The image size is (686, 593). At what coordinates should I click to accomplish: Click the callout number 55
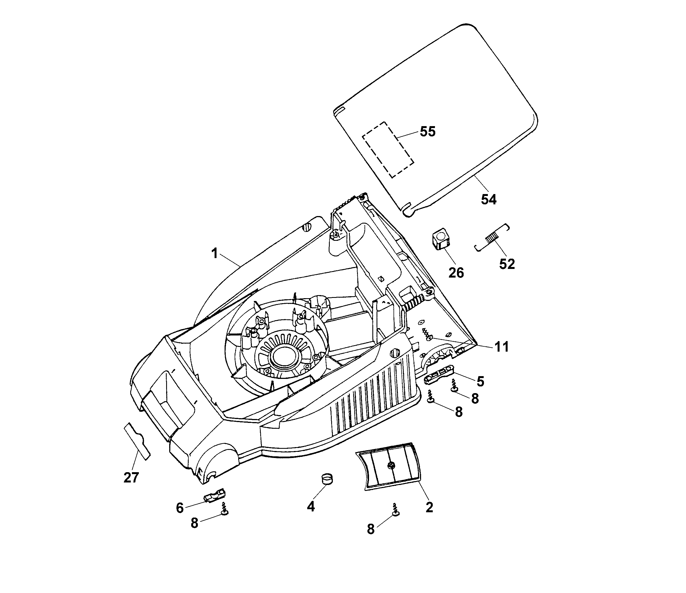coord(427,131)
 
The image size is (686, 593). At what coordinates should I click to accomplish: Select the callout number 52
coord(507,264)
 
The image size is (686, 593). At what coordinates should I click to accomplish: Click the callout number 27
coord(131,478)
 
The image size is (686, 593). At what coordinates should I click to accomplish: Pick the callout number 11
coord(501,347)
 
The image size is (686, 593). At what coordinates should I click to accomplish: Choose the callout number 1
coord(215,254)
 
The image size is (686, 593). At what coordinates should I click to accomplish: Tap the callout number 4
coord(311,506)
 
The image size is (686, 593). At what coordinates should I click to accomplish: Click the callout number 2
coord(429,507)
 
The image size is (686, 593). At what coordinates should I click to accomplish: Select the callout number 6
coord(180,508)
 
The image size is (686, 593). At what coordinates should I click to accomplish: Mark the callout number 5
coord(480,381)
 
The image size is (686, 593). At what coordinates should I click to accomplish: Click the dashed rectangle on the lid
coord(388,150)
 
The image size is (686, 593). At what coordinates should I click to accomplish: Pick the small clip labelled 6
coord(214,495)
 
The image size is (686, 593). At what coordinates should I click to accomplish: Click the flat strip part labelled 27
coord(137,441)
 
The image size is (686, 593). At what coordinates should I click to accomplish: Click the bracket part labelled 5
coord(439,374)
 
